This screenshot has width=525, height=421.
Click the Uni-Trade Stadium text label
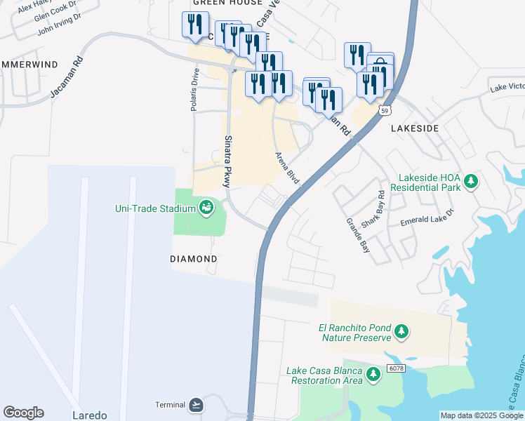[155, 208]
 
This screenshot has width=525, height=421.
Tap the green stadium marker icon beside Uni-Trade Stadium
[206, 208]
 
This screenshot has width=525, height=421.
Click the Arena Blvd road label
[288, 168]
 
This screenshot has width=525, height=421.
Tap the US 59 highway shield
[384, 110]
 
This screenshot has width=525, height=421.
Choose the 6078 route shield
[395, 369]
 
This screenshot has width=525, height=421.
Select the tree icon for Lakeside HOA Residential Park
[472, 182]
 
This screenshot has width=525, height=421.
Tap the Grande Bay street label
[357, 234]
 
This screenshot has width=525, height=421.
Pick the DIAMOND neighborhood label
[194, 259]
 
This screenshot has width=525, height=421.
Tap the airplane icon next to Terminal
[195, 405]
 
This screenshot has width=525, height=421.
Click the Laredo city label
[90, 415]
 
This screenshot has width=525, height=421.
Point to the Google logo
[23, 413]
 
